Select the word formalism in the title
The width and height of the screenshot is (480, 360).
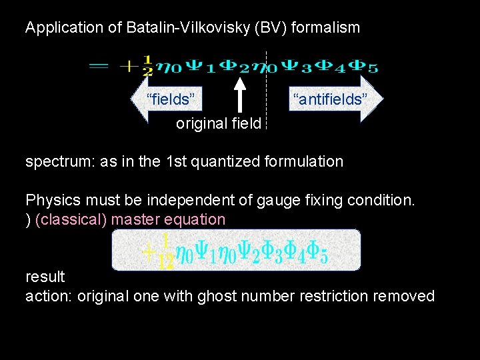[327, 28]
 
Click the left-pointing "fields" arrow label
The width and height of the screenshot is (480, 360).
[171, 99]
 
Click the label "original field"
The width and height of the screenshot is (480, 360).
[219, 124]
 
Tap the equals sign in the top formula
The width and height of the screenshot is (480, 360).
[99, 65]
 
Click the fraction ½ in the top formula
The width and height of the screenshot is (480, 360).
[147, 65]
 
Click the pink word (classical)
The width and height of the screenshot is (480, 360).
[72, 219]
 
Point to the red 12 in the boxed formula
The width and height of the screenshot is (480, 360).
[166, 261]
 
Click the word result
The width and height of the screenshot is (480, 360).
[45, 276]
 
